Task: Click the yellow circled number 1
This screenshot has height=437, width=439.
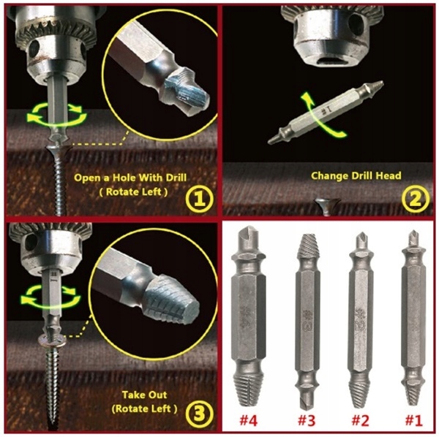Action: [x=199, y=199]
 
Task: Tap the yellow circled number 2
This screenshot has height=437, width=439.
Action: [x=416, y=199]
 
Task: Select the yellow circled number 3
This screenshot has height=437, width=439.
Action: [x=199, y=413]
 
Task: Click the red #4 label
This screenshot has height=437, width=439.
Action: [x=248, y=420]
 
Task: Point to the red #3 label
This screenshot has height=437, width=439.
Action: [x=306, y=420]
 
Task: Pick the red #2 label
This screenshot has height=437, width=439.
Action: [x=360, y=420]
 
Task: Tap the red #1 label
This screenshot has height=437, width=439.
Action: [x=414, y=420]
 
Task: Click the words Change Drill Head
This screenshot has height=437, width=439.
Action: [x=356, y=175]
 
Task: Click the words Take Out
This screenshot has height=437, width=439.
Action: [x=144, y=395]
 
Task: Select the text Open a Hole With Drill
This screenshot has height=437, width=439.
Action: [x=130, y=178]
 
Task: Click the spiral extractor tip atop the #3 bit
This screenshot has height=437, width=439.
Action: [x=308, y=246]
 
